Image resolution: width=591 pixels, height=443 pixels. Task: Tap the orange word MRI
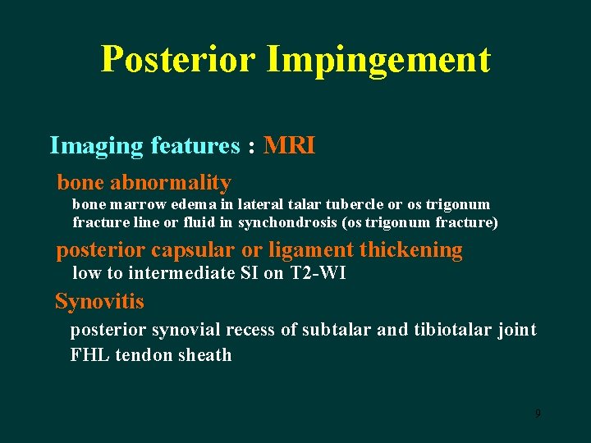(289, 146)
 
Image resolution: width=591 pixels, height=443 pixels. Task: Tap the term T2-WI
(318, 273)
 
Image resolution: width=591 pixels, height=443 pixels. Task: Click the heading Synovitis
(99, 302)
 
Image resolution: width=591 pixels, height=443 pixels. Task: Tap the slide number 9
(538, 413)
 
